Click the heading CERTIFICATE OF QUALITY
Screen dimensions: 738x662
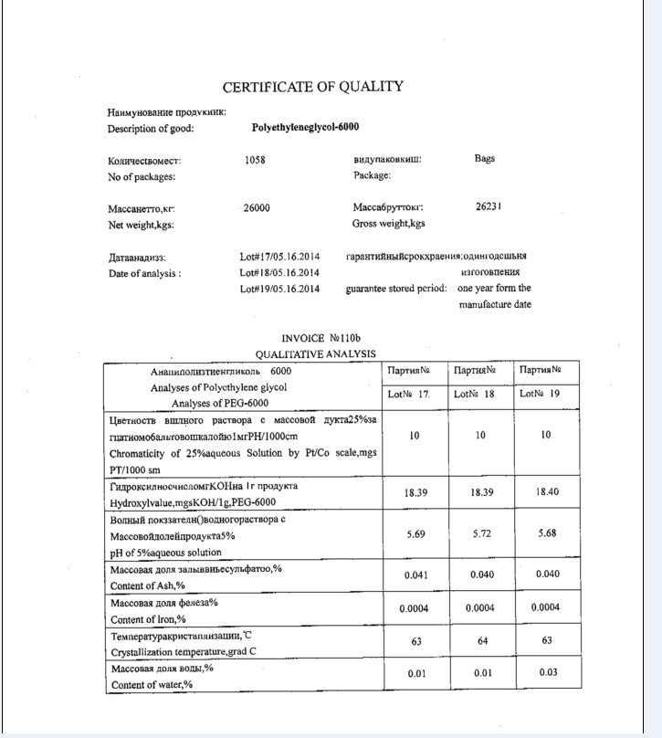point(312,87)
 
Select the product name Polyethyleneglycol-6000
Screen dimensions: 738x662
point(305,128)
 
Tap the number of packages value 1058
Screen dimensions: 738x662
point(256,159)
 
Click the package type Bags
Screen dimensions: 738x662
point(485,158)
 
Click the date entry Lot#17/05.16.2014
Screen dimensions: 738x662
point(279,257)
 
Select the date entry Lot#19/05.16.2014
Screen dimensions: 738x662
point(279,290)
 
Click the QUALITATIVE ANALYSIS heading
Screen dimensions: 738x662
point(315,353)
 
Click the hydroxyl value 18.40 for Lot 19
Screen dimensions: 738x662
point(546,492)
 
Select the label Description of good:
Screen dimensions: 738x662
point(151,129)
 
